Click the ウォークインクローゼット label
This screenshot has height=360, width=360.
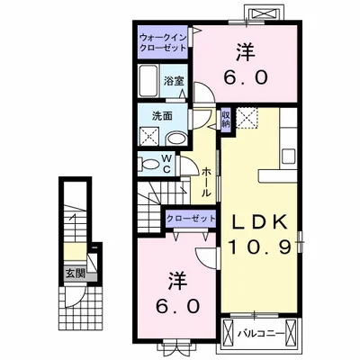(x=164, y=41)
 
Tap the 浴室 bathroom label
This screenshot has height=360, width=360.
(x=174, y=80)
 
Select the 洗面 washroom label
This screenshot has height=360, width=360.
(x=162, y=116)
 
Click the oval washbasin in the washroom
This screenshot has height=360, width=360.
(x=178, y=138)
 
